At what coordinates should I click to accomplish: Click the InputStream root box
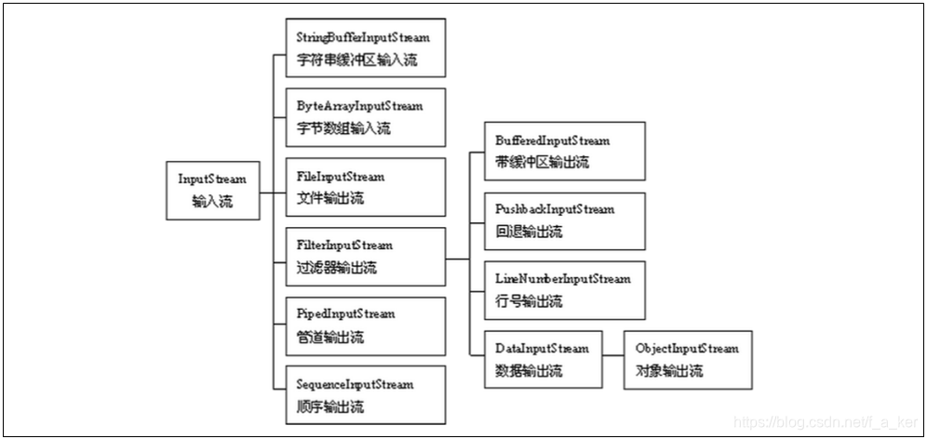pos(213,190)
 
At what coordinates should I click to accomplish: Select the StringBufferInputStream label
pos(363,38)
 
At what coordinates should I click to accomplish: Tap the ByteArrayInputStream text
pos(359,106)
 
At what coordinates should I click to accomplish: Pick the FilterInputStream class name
pos(344,246)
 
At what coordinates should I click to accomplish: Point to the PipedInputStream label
pos(345,313)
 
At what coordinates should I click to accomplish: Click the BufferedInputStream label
pos(553,140)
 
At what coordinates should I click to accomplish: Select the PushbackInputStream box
pos(564,220)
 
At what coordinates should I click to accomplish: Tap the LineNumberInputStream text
pos(563,278)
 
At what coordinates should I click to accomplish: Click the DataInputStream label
pos(542,348)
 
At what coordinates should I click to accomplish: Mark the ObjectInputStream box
pos(687,359)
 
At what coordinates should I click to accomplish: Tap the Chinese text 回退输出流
pos(529,232)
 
